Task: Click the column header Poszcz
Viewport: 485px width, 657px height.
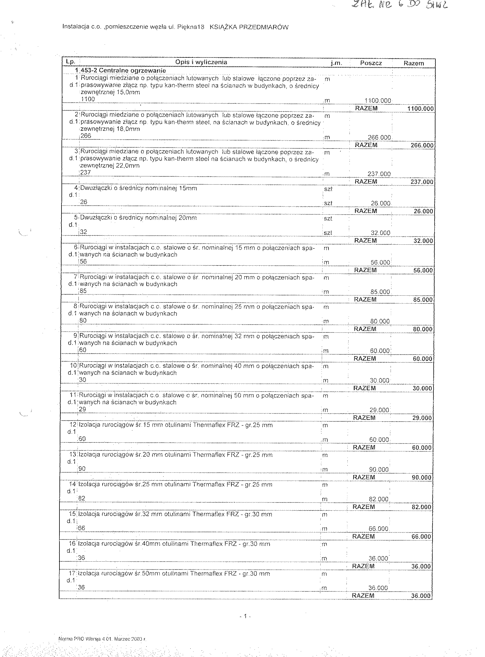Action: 371,63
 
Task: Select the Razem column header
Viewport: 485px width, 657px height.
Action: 414,63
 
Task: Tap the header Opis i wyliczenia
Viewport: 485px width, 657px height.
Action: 201,62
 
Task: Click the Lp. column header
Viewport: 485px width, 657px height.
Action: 71,62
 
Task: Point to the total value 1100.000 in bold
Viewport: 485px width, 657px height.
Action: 420,109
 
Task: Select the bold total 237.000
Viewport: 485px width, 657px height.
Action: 422,182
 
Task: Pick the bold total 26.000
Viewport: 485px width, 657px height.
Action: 423,211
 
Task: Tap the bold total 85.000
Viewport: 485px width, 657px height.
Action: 423,300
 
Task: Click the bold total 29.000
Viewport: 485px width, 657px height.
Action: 422,418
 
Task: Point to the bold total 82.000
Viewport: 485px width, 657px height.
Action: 421,507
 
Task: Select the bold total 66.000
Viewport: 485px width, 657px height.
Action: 421,537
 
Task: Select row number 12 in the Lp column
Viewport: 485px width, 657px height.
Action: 73,425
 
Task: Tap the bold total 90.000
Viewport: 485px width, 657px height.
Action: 421,478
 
